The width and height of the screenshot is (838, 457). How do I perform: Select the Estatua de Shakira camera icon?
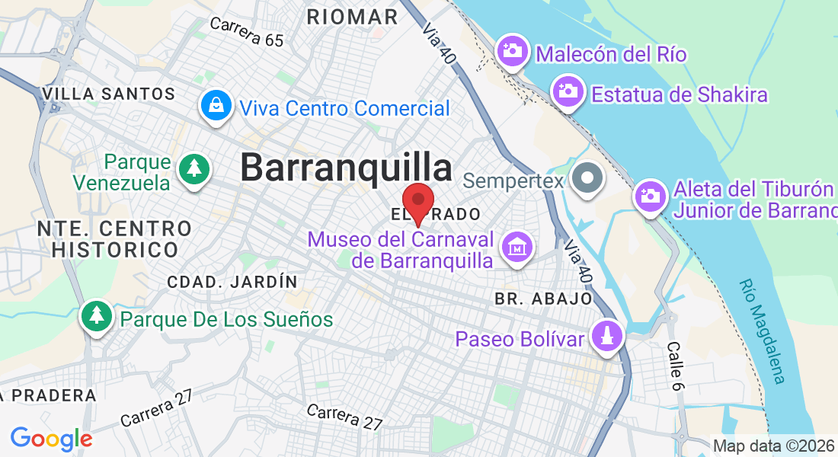pos(568,92)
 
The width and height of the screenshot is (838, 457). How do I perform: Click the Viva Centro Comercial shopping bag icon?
pos(216,106)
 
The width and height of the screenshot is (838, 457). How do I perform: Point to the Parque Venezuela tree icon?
pos(194,169)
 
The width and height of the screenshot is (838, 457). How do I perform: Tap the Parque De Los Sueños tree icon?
pos(97,317)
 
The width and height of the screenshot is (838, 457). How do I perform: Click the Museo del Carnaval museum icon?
pos(517,248)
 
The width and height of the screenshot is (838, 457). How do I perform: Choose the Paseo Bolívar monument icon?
pos(607,336)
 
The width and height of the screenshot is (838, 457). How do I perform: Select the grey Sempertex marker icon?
pos(587,180)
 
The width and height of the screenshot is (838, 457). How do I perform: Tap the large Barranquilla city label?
pos(346,168)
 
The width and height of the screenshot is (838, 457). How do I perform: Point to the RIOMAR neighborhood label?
pos(352,17)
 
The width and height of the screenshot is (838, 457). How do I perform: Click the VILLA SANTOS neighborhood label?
pos(109,94)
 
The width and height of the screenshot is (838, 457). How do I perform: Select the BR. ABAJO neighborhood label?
pos(543,298)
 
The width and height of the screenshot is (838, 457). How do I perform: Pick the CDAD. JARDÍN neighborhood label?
pos(232,282)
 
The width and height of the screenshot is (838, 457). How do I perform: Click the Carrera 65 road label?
pos(246,32)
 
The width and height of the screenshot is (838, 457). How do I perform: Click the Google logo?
pos(51,439)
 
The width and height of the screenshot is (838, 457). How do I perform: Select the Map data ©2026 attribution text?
pos(772,446)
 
